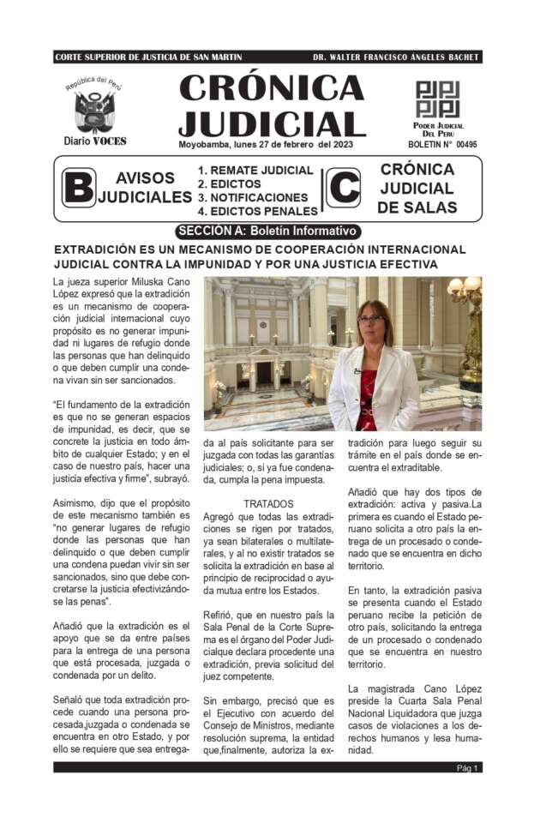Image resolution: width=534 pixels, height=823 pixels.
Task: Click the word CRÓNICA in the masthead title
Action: (272, 89)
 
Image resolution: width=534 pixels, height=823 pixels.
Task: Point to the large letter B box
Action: (77, 189)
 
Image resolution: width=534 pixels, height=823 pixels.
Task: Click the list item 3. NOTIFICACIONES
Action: (253, 197)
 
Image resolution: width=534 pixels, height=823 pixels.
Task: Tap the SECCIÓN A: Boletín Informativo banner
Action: (267, 231)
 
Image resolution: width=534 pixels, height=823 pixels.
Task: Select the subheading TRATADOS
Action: (268, 504)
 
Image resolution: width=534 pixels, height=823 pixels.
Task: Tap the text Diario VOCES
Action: (94, 141)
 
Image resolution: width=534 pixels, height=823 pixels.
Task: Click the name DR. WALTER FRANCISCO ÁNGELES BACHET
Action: (396, 57)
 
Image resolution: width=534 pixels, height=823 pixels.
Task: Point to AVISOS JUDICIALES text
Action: (144, 188)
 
